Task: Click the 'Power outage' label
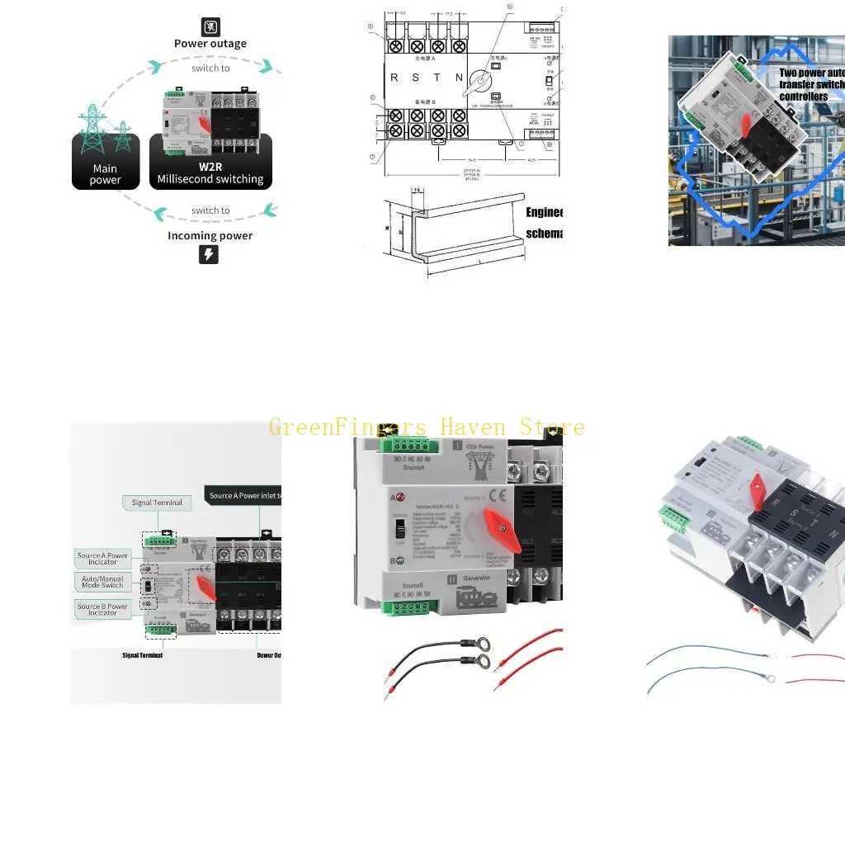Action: [210, 44]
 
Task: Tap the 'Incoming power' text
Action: [210, 235]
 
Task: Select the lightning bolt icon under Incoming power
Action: [209, 254]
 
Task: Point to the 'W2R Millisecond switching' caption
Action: [210, 172]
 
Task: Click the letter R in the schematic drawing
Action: [394, 78]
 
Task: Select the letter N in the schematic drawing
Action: [460, 78]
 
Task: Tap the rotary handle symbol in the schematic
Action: [478, 83]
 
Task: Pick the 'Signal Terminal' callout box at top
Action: [157, 502]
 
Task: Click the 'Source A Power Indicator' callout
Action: [103, 559]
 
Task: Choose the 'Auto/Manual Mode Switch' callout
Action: [102, 582]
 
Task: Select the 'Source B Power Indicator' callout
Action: [103, 609]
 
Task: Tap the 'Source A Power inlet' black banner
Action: [244, 495]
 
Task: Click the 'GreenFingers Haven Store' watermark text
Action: [427, 427]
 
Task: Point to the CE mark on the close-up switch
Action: [498, 496]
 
